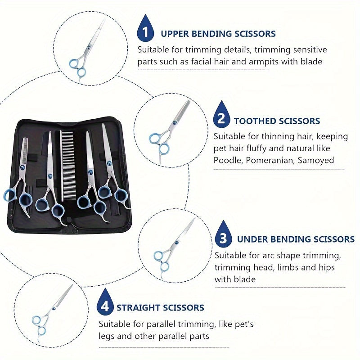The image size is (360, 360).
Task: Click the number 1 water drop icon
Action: coord(144,30)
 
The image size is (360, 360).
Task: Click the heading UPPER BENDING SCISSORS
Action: coord(218,34)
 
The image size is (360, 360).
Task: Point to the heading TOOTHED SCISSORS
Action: coord(277,121)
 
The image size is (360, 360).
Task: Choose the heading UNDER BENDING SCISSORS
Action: coord(296,239)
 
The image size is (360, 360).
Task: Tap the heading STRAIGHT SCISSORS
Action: coord(160,308)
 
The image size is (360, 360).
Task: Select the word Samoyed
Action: coord(318,160)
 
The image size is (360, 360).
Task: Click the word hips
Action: coord(325,267)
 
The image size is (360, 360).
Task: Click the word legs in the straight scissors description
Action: coord(108,336)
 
